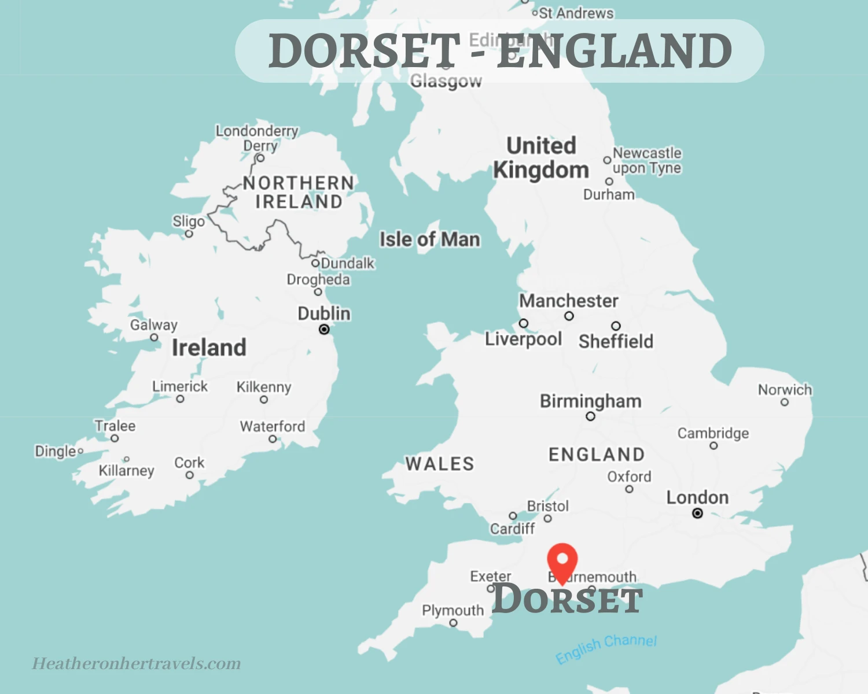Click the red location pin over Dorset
coord(562,560)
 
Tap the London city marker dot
coord(697,513)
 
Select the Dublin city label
coord(324,313)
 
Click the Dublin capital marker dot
coord(324,329)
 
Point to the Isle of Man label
coord(429,239)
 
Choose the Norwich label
coord(785,389)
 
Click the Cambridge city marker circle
coord(713,446)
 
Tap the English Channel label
coord(606,648)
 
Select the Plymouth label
coord(453,610)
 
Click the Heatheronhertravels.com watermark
coord(137,663)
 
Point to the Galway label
coord(153,324)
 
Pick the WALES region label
coord(440,463)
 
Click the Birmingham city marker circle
coord(590,416)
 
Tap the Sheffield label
coord(616,341)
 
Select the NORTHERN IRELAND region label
coord(299,192)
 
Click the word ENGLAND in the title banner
coord(615,51)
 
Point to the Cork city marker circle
coord(190,475)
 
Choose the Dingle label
coord(55,451)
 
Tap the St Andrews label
coord(576,13)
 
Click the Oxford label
coord(629,476)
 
